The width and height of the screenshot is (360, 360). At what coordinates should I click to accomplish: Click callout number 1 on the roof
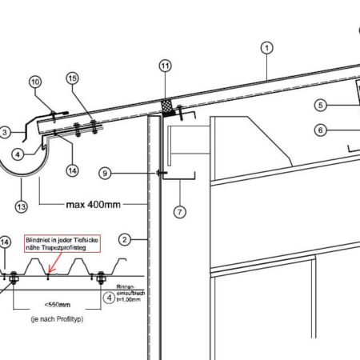[x=266, y=47]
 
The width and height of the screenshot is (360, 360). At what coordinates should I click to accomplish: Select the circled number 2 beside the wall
[x=124, y=239]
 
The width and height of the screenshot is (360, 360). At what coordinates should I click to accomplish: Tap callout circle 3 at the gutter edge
[x=5, y=132]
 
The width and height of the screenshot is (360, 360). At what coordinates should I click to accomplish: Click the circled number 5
[x=319, y=105]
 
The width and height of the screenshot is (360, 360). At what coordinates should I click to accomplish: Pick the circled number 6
[x=319, y=130]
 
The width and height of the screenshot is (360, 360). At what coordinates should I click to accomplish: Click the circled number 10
[x=35, y=82]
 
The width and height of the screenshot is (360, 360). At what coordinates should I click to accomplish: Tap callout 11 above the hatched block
[x=166, y=66]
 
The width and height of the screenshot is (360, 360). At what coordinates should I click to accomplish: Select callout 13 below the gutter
[x=21, y=206]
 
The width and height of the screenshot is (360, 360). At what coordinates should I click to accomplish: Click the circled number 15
[x=73, y=78]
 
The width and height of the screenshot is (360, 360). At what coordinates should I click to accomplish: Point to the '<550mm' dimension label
[x=52, y=305]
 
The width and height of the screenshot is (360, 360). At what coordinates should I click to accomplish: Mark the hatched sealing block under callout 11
[x=167, y=106]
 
